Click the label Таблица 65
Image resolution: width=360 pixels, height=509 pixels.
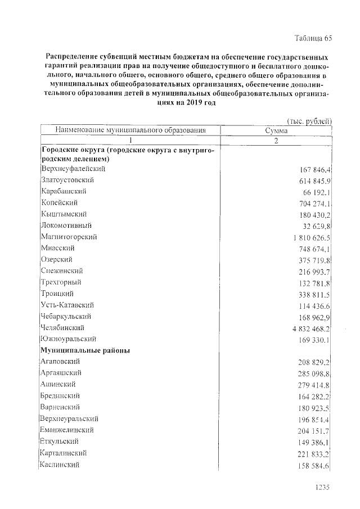314,38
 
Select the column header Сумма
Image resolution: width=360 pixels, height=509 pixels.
276,130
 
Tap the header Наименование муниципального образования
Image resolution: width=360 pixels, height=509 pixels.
130,130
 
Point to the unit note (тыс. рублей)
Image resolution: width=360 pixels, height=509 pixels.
309,121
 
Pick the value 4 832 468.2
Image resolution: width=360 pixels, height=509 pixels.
308,328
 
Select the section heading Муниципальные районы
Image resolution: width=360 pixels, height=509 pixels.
85,350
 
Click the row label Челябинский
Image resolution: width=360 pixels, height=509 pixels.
63,327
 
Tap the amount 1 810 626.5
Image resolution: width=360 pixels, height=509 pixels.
308,237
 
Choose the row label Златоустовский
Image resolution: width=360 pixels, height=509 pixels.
67,180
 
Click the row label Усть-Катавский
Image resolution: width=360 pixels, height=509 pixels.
66,305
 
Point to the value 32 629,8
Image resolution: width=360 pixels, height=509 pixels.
314,226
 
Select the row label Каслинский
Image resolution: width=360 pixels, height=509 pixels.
60,465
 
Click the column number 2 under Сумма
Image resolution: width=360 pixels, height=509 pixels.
276,141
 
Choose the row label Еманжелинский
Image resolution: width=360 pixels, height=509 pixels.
67,430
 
